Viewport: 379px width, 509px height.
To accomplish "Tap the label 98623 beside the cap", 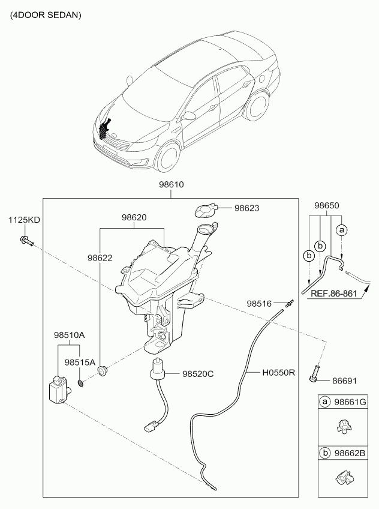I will coord(247,208).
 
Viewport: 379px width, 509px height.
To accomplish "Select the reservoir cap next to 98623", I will coord(206,211).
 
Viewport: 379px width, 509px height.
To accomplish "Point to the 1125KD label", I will coord(24,220).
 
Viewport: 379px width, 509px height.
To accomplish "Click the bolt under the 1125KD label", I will coord(26,241).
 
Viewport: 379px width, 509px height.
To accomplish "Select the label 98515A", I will coord(80,363).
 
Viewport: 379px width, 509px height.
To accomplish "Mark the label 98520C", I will coord(197,373).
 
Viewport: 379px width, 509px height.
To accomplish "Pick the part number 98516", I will coord(260,304).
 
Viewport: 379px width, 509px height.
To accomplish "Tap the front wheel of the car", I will coord(166,157).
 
